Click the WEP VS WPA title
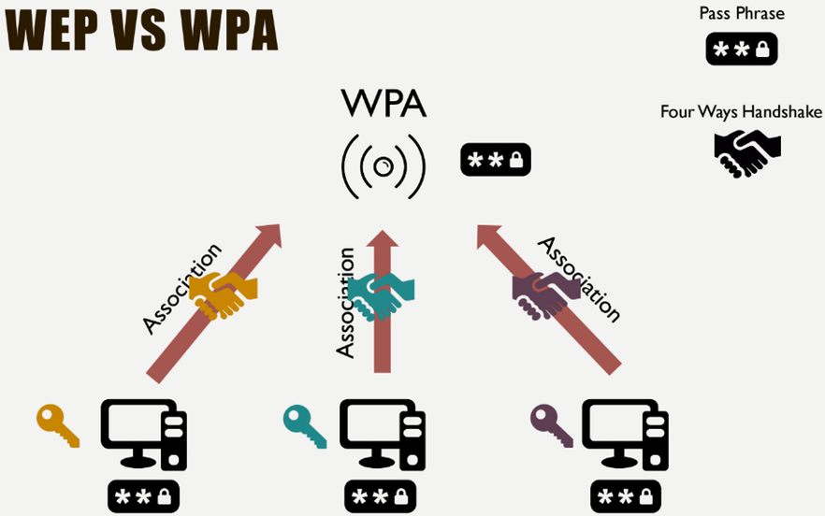pyautogui.click(x=142, y=30)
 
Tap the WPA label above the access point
pyautogui.click(x=384, y=103)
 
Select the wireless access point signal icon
pyautogui.click(x=384, y=166)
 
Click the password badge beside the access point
pyautogui.click(x=496, y=160)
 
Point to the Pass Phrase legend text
pyautogui.click(x=742, y=13)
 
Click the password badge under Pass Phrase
pyautogui.click(x=742, y=49)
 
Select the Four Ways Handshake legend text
pyautogui.click(x=742, y=112)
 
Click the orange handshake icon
pyautogui.click(x=223, y=294)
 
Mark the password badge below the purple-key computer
pyautogui.click(x=626, y=496)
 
